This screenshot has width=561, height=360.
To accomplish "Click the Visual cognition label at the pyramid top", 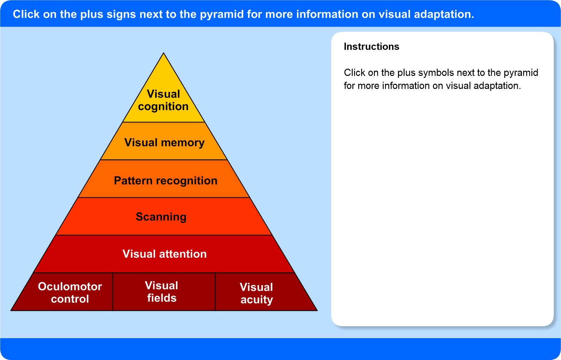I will [x=163, y=100].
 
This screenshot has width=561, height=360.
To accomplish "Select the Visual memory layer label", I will [x=164, y=142].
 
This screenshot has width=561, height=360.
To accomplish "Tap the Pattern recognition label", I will [x=166, y=180].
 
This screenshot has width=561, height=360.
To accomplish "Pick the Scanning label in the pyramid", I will [x=161, y=217].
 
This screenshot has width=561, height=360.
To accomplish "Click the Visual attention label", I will [x=164, y=254].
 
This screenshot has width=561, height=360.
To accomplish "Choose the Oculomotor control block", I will [x=70, y=292].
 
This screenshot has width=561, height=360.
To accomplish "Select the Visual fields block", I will [x=162, y=292].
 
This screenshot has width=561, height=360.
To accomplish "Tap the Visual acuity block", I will [x=257, y=293].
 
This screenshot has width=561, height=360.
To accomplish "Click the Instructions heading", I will [x=371, y=47].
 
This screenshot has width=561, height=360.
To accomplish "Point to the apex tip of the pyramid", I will [x=164, y=54].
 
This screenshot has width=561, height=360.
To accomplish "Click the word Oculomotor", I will [x=70, y=286].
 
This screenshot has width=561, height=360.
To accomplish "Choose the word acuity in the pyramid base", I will [x=257, y=299].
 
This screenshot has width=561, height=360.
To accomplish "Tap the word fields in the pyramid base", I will [x=162, y=298].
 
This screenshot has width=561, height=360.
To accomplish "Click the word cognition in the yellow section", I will [x=163, y=107].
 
